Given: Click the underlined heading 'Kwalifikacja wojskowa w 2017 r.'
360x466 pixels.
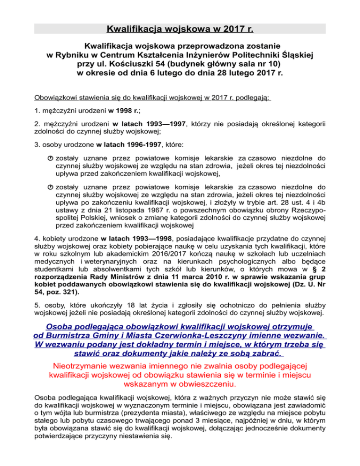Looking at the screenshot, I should pos(180,30).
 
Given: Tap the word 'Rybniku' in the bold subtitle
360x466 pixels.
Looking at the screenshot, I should pos(70,55).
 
